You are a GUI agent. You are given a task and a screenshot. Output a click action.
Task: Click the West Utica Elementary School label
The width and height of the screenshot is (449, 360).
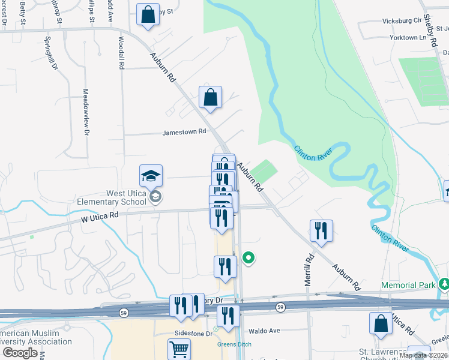click(x=112, y=197)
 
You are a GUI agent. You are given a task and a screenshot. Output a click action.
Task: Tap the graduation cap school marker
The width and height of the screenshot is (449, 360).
click(x=151, y=176)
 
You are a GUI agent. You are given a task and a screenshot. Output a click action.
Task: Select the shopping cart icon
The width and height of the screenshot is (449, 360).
click(x=179, y=349)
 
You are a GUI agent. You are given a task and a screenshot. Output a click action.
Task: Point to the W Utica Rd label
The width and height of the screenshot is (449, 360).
click(x=98, y=221)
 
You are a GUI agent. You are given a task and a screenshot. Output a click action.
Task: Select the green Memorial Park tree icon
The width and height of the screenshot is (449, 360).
click(x=444, y=283)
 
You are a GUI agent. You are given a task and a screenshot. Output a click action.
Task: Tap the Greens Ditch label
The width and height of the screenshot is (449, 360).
click(x=234, y=344)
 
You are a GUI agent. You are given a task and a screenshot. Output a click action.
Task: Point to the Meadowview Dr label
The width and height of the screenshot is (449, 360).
click(x=86, y=112)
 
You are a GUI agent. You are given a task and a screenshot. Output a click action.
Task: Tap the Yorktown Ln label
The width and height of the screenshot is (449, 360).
click(x=411, y=37)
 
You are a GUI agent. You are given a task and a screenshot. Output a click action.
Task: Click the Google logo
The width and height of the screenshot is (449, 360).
click(x=20, y=353)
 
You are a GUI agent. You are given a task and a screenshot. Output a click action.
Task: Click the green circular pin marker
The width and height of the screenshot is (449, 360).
click(x=249, y=258)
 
